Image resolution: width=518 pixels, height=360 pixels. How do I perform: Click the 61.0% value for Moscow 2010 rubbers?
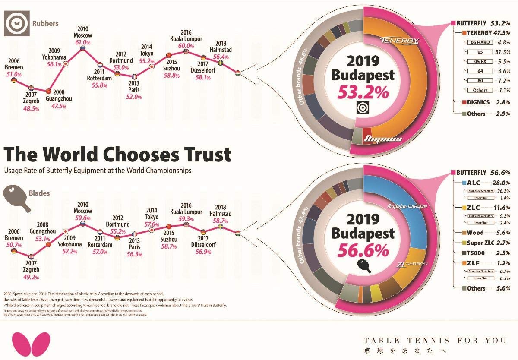point(83,42)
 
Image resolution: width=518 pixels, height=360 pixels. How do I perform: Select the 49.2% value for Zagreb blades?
point(31,277)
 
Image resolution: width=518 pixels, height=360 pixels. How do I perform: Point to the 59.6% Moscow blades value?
point(83,218)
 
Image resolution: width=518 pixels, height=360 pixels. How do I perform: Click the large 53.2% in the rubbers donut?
point(363,92)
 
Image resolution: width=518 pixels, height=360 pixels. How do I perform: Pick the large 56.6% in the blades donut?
point(363,250)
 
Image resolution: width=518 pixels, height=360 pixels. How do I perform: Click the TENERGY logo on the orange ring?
point(400,41)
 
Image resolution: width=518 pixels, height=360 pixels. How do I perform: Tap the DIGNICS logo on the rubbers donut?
point(383,139)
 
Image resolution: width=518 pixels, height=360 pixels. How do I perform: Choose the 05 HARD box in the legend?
point(479,43)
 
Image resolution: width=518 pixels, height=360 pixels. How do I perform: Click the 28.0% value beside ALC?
point(502,183)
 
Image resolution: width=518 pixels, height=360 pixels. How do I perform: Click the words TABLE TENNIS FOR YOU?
point(435,341)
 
